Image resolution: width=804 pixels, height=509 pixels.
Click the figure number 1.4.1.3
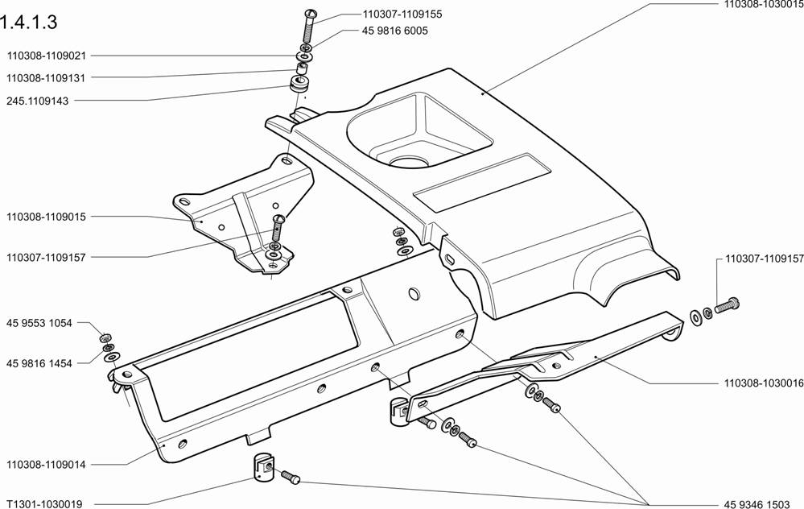tap(30, 22)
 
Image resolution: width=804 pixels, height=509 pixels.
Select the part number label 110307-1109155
tap(391, 14)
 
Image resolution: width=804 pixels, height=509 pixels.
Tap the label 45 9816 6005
tap(390, 31)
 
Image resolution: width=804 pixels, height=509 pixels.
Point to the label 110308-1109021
tap(47, 56)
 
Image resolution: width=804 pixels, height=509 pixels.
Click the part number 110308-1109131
tap(47, 77)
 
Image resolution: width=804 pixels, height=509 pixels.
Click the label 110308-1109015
tap(47, 217)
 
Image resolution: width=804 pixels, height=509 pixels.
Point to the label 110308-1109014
tap(47, 465)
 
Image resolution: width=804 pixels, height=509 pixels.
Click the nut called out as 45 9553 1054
tap(105, 336)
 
